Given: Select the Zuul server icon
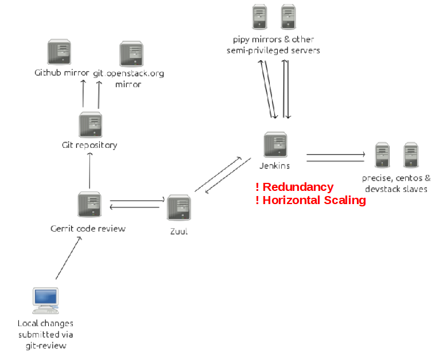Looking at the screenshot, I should tap(179, 207).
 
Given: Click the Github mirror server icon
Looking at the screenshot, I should tap(59, 52).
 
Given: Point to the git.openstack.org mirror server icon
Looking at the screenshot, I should tap(131, 54).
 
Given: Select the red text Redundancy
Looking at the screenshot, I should tap(298, 187).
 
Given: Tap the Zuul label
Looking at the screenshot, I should tap(179, 232).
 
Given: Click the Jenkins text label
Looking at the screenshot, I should tap(274, 166).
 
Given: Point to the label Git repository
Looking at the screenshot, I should tap(89, 145).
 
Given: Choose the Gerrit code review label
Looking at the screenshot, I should tap(88, 229).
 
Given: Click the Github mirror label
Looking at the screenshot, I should tap(61, 73).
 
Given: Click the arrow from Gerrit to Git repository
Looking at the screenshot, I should tap(90, 171).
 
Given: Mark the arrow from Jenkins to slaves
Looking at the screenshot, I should tap(336, 155).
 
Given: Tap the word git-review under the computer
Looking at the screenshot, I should tap(46, 346).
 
